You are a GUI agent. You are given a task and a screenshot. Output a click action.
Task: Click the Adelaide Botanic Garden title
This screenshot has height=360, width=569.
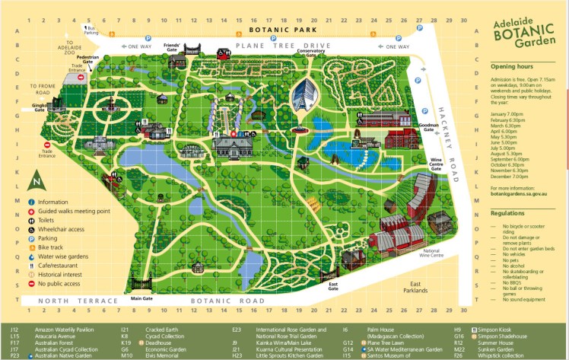pyautogui.click(x=520, y=30)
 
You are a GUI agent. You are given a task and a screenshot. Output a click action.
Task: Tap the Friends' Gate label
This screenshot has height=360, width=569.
pyautogui.click(x=172, y=46)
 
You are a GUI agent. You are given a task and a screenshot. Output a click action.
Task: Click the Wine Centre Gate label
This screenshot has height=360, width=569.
pyautogui.click(x=420, y=164)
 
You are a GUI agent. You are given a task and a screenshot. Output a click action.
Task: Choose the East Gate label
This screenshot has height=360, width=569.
pyautogui.click(x=332, y=286)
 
